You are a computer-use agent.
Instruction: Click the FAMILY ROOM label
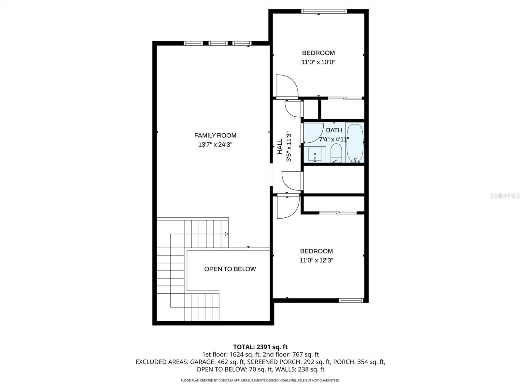(215, 136)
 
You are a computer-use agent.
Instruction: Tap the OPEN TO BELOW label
(230, 269)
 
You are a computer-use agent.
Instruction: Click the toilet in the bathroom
(336, 153)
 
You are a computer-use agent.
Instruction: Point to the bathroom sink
(315, 154)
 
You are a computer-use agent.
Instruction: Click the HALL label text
(280, 147)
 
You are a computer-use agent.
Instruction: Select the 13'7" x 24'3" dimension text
(215, 145)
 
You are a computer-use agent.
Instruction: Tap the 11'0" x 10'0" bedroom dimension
(318, 62)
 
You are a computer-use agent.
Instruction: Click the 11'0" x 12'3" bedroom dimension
(317, 260)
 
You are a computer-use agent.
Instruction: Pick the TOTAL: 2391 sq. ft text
(260, 347)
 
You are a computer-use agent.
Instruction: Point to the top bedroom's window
(324, 12)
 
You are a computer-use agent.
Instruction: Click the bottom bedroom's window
(351, 300)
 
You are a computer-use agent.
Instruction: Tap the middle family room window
(218, 43)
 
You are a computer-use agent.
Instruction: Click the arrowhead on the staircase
(226, 234)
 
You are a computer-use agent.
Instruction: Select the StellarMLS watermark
(505, 196)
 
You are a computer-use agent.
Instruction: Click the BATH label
(334, 130)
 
